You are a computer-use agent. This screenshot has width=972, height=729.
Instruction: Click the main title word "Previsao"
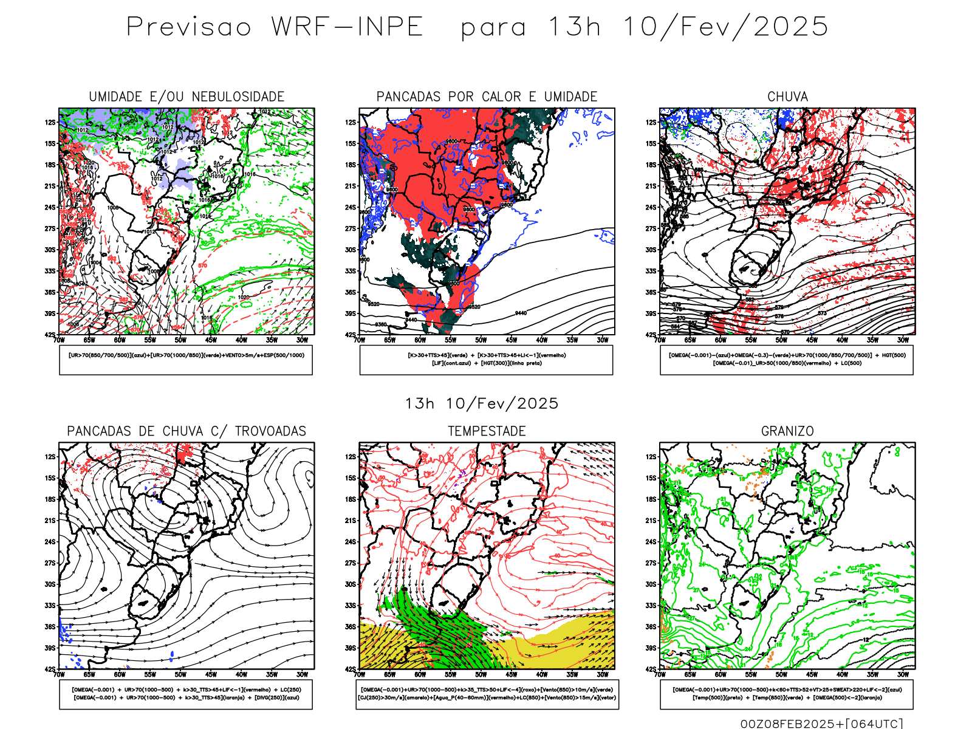[x=188, y=27]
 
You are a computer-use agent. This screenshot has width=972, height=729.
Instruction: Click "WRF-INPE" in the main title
[x=347, y=27]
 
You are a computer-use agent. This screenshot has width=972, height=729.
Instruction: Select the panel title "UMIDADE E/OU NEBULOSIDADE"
[x=187, y=97]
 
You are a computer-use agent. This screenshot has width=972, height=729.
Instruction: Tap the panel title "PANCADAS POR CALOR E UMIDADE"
[x=487, y=97]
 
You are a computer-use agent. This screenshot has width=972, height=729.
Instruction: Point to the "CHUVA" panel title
[x=787, y=97]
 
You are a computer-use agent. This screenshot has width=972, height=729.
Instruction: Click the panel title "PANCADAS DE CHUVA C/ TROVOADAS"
[x=187, y=431]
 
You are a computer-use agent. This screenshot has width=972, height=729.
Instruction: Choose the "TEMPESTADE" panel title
[x=487, y=431]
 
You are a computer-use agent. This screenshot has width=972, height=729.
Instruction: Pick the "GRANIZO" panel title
[x=787, y=431]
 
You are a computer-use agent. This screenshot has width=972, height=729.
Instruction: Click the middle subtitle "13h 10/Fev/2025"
[x=482, y=403]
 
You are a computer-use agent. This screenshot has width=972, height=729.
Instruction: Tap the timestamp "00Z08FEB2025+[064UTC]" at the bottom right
[x=821, y=724]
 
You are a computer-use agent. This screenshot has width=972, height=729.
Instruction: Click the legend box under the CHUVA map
[x=787, y=360]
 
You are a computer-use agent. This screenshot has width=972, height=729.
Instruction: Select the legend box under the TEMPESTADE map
[x=487, y=694]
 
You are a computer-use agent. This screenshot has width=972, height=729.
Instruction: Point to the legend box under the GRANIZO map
[x=787, y=694]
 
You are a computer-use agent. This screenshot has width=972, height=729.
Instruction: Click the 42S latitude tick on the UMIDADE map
[x=50, y=335]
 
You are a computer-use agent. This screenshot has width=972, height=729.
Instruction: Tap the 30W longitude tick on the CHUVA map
[x=903, y=340]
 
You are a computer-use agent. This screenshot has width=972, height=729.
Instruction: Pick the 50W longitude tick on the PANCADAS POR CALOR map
[x=481, y=340]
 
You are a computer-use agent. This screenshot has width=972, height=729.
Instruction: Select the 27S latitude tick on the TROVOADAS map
[x=50, y=563]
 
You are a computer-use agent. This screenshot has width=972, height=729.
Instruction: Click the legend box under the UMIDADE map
[x=186, y=360]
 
